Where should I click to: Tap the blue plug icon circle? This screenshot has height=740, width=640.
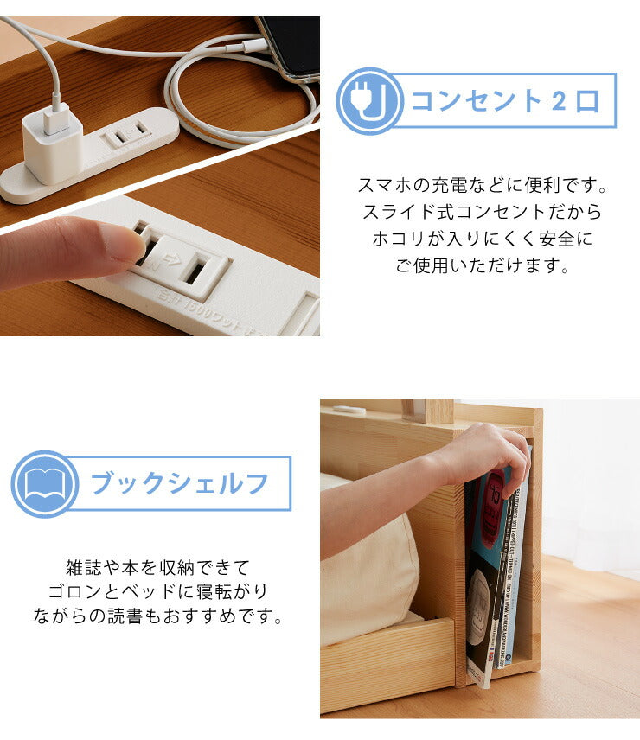point(369,101)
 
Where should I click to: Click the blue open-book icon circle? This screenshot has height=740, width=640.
point(44,484)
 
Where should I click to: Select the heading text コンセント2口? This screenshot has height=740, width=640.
point(504,101)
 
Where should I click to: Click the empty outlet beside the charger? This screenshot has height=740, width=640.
point(127,132)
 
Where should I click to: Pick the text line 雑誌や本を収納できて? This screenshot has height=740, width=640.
point(157,568)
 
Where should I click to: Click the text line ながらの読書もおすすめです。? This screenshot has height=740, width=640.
point(157,617)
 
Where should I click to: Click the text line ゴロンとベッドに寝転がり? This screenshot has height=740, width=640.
point(157,593)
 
